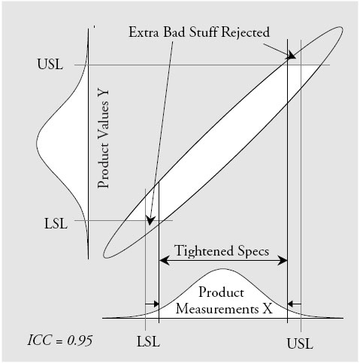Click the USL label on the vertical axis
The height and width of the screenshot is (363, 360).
50,64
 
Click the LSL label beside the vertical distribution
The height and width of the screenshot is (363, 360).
56,223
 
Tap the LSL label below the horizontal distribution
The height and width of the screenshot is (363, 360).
148,341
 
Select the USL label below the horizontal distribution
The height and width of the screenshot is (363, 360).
300,343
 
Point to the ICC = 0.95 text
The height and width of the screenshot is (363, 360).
60,340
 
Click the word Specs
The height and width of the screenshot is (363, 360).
253,252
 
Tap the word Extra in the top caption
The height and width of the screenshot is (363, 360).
144,32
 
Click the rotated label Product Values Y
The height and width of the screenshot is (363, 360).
104,139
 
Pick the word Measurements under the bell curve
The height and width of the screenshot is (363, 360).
217,308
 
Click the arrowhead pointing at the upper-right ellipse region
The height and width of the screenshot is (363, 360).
291,56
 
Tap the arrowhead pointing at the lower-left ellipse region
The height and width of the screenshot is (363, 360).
150,220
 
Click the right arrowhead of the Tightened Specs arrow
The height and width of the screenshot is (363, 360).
282,261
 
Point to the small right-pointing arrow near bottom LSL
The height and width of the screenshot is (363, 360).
152,304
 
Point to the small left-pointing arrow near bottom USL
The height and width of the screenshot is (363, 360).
294,304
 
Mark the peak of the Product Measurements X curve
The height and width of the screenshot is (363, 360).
222,269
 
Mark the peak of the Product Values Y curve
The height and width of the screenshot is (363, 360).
37,144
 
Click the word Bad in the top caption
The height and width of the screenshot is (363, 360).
174,32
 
